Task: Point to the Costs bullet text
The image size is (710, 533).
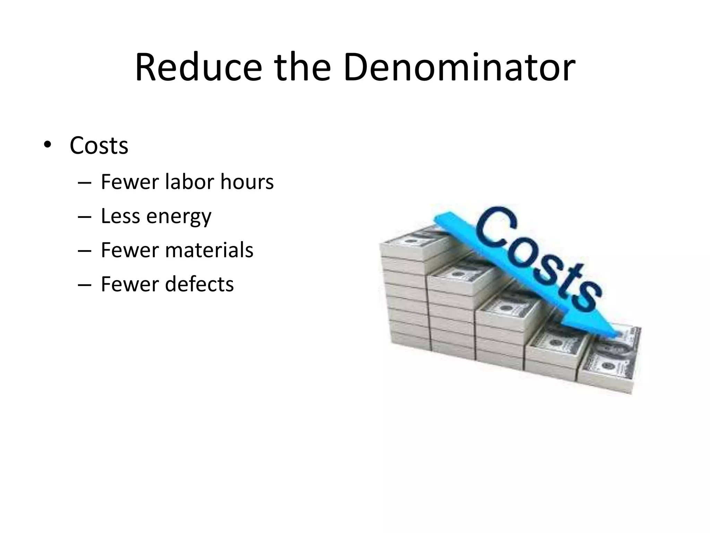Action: tap(99, 146)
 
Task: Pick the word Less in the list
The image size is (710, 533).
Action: tap(121, 216)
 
